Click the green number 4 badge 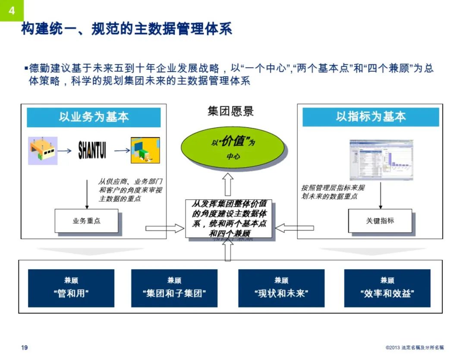tap(11, 10)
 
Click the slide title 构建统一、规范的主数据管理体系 tap(126, 29)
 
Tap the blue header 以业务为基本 tap(94, 117)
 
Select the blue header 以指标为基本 tap(371, 117)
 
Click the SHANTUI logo tap(92, 151)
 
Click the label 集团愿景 tap(230, 111)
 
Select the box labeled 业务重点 tap(86, 221)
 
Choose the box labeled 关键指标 tap(380, 221)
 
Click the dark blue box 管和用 tap(71, 288)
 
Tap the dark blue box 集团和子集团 tap(174, 288)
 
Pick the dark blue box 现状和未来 tap(281, 288)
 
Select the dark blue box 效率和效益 tap(387, 288)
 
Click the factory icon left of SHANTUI tap(42, 151)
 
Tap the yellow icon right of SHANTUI tap(145, 151)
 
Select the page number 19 tap(25, 348)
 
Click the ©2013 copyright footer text tap(414, 348)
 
